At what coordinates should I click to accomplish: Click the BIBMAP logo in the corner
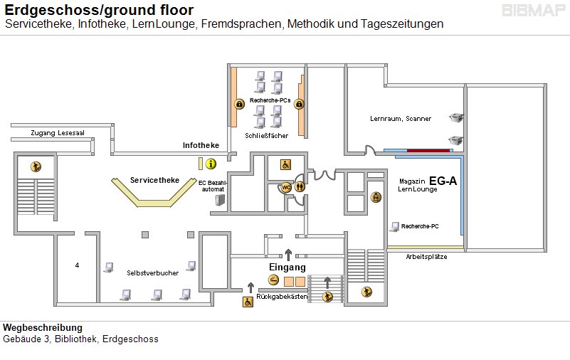tap(533, 11)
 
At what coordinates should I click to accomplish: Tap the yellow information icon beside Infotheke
tap(211, 164)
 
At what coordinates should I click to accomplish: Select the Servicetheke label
tap(154, 180)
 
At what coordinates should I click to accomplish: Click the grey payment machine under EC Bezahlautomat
tap(220, 201)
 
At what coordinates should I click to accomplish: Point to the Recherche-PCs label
tap(270, 100)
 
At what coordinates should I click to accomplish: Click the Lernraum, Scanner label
tap(400, 118)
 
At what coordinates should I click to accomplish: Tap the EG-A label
tap(443, 181)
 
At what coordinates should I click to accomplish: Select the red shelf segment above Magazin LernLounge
tap(428, 150)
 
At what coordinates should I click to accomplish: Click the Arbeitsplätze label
tap(426, 257)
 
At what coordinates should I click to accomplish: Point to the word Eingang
tap(287, 267)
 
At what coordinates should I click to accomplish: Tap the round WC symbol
tap(286, 187)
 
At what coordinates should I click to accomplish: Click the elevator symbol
tap(376, 198)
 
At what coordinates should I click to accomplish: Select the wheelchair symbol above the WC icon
tap(285, 164)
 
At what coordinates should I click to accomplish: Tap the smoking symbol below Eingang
tap(274, 280)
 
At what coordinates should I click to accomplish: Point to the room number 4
tap(77, 265)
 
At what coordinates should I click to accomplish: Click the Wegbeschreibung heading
tap(38, 327)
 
